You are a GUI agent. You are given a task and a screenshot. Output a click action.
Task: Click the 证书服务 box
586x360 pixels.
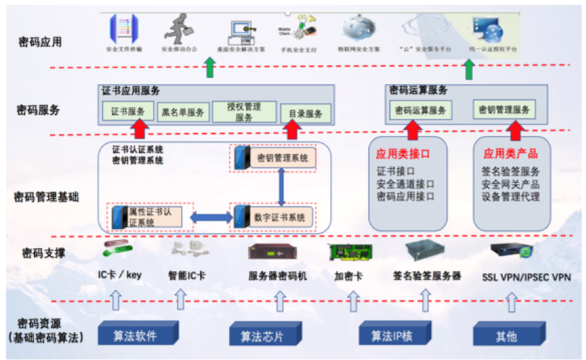(x=126, y=111)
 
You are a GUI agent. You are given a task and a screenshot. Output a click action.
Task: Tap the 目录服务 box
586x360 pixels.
(x=305, y=114)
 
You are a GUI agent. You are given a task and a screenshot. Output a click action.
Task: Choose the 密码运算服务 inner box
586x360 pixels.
(x=420, y=111)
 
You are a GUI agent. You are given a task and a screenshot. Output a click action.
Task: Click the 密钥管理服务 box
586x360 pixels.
(x=503, y=110)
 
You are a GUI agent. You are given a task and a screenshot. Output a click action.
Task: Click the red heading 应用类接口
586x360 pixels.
(x=406, y=153)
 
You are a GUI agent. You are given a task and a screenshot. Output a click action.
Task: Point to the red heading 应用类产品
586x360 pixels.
(x=511, y=153)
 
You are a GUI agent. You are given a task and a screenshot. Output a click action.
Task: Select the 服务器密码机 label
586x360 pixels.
(x=277, y=277)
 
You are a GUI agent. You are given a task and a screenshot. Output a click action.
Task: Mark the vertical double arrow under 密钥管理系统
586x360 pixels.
(x=281, y=186)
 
